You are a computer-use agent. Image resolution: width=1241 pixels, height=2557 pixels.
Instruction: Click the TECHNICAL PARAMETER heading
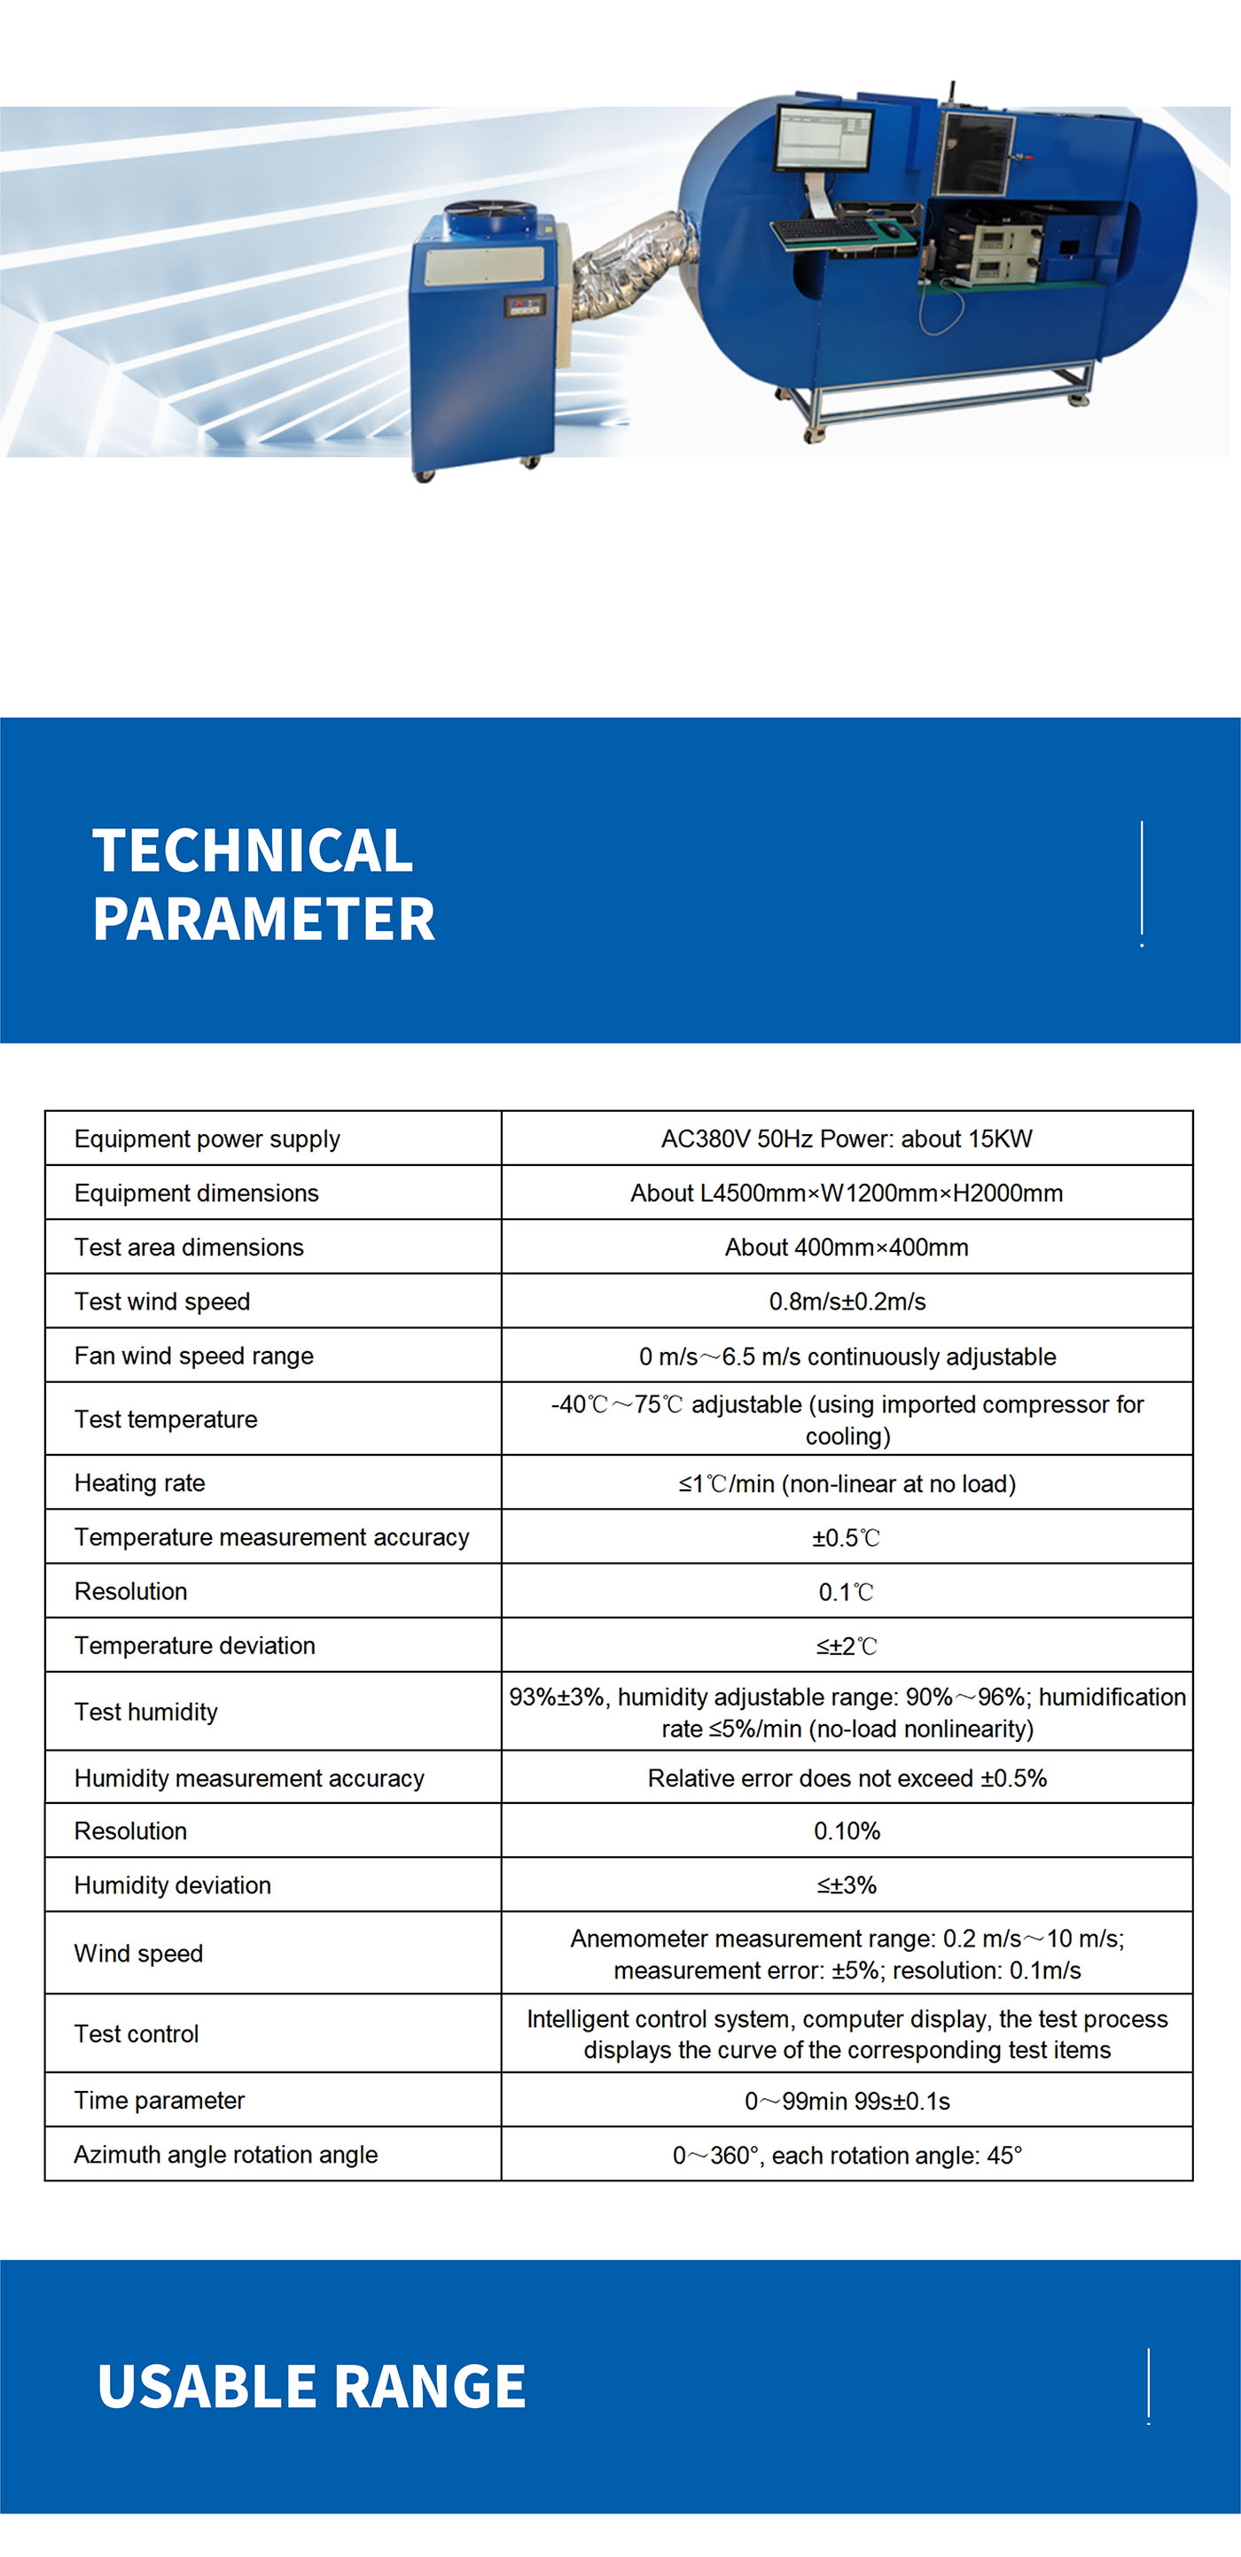tap(263, 883)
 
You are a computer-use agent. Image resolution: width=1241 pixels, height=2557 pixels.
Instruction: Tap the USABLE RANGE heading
tap(311, 2386)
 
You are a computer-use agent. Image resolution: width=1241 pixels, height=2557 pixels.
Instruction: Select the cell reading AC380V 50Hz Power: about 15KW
tap(846, 1139)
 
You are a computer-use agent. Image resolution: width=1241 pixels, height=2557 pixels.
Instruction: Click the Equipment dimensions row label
tap(197, 1193)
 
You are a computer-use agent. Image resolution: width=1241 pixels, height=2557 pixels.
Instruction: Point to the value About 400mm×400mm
tap(846, 1247)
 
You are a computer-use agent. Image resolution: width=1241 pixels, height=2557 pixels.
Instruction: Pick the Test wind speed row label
tap(162, 1302)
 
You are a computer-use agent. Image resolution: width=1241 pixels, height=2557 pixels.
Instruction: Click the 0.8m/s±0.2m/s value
tap(846, 1302)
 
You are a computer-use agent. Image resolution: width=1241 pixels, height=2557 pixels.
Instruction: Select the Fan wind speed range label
tap(193, 1356)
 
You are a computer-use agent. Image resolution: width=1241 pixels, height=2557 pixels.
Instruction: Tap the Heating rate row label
tap(140, 1483)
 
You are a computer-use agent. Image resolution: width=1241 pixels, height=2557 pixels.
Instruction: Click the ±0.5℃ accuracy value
tap(846, 1537)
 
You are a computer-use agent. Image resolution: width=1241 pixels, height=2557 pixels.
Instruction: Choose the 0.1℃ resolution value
tap(846, 1592)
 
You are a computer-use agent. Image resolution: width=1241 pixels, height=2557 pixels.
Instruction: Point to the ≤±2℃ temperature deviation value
tap(846, 1646)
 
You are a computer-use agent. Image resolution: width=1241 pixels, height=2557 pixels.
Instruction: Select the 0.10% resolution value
tap(846, 1831)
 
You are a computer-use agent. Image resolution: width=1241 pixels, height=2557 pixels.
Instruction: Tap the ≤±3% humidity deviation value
tap(846, 1885)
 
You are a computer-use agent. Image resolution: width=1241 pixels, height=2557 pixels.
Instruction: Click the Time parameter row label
tap(159, 2101)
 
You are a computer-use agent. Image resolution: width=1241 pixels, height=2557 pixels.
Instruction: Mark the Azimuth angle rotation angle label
tap(225, 2155)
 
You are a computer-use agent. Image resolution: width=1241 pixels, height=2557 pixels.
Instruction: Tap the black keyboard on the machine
tap(824, 232)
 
